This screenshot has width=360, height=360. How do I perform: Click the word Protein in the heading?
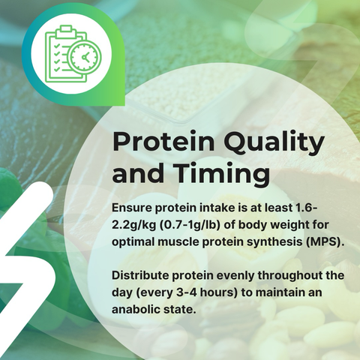click(163, 141)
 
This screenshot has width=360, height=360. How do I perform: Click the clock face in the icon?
click(85, 57)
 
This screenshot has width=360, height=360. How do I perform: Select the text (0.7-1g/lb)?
click(190, 225)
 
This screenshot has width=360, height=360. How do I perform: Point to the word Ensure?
click(132, 208)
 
